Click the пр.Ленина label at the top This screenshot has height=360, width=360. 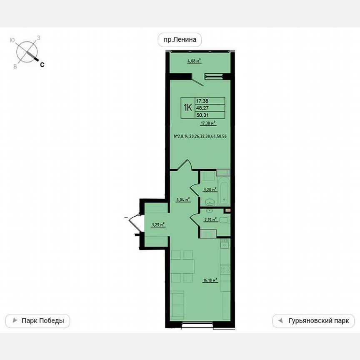(180, 40)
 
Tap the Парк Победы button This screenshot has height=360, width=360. (37, 321)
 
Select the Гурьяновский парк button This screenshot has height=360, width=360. (313, 321)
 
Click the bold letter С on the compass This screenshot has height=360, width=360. (42, 65)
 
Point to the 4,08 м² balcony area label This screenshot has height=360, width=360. (194, 61)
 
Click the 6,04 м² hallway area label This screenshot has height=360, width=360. (183, 200)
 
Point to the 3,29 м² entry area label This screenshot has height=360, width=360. (158, 225)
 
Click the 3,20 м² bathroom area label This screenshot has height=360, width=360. (210, 190)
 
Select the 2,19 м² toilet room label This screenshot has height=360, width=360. (210, 220)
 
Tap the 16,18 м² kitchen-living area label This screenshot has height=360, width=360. (210, 280)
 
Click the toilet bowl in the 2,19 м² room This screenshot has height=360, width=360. (224, 221)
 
